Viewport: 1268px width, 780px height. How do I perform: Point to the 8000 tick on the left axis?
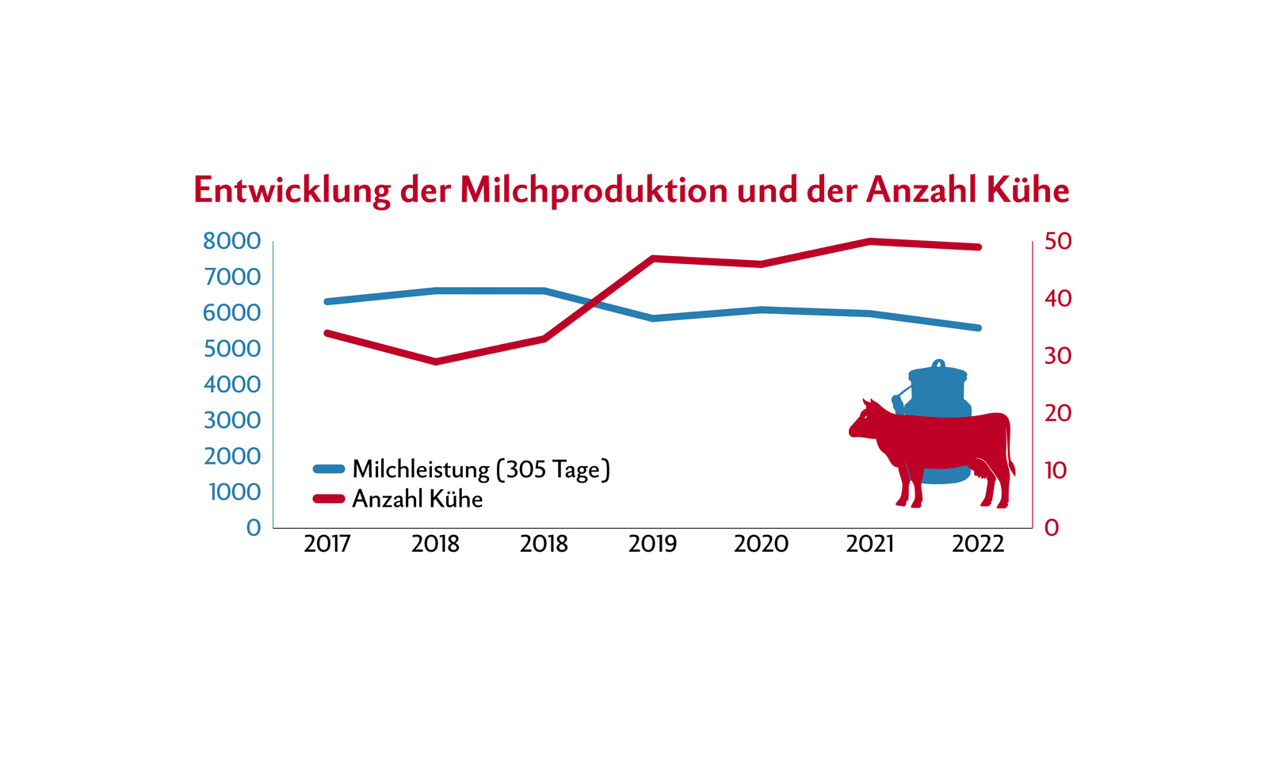point(231,241)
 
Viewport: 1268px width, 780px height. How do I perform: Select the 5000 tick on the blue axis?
point(231,349)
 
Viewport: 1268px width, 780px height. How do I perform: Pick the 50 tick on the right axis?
point(1057,242)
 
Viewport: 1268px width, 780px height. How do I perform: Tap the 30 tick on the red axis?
point(1057,356)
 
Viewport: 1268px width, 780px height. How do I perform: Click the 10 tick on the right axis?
point(1056,471)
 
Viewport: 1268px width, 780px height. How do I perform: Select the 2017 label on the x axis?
point(327,544)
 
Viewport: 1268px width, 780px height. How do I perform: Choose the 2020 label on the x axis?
point(761,544)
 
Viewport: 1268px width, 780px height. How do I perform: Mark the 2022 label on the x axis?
point(978,544)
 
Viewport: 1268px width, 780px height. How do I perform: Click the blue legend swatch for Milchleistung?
point(328,468)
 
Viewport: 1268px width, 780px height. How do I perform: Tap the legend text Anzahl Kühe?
point(417,499)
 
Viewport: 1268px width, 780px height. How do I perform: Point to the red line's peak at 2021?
point(870,241)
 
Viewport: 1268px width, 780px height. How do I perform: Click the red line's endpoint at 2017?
point(327,333)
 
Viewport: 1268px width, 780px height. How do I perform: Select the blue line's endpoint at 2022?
point(978,327)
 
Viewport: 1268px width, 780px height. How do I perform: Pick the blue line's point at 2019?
point(652,318)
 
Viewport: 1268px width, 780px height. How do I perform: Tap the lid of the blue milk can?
point(938,372)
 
